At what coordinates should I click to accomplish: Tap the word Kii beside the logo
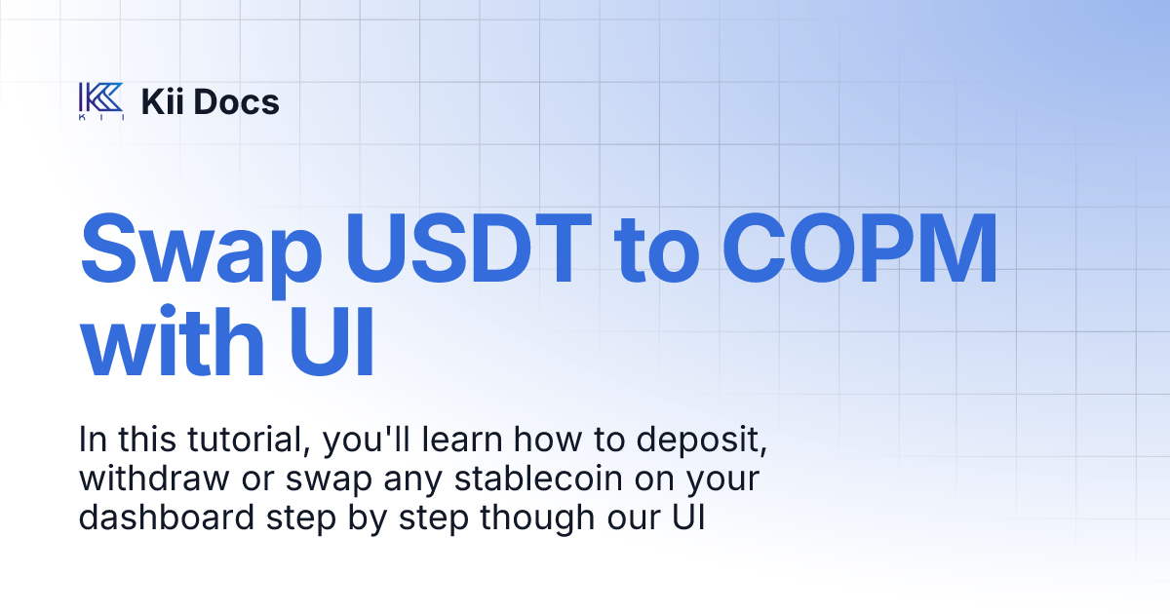click(163, 101)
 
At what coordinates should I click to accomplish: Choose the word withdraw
click(145, 480)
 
